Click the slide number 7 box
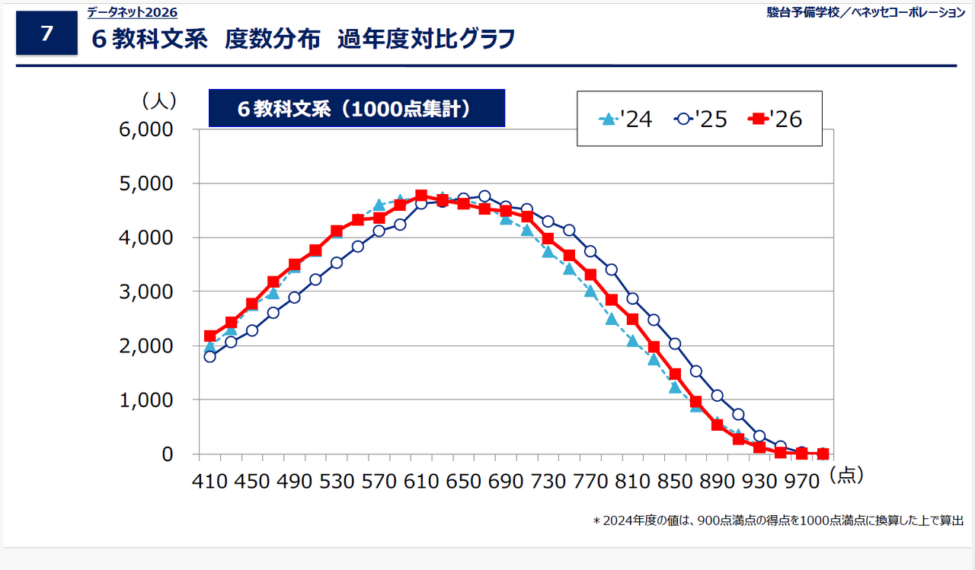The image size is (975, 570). (46, 33)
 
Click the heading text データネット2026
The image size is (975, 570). (132, 12)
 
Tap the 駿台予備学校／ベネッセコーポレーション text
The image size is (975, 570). (865, 12)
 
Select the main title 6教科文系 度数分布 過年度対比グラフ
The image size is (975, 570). (302, 40)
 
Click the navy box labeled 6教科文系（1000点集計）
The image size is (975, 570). (356, 108)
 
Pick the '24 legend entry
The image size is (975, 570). (626, 119)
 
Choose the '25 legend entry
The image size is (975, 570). (701, 119)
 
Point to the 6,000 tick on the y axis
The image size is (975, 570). (156, 129)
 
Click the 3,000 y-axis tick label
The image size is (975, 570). (156, 291)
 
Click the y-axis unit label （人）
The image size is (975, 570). (158, 100)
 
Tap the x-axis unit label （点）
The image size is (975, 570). (846, 476)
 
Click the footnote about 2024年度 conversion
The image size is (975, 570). (778, 521)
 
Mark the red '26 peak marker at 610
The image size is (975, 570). (421, 196)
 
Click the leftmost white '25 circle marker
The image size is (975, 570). (210, 356)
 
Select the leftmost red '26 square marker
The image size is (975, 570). (210, 336)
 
